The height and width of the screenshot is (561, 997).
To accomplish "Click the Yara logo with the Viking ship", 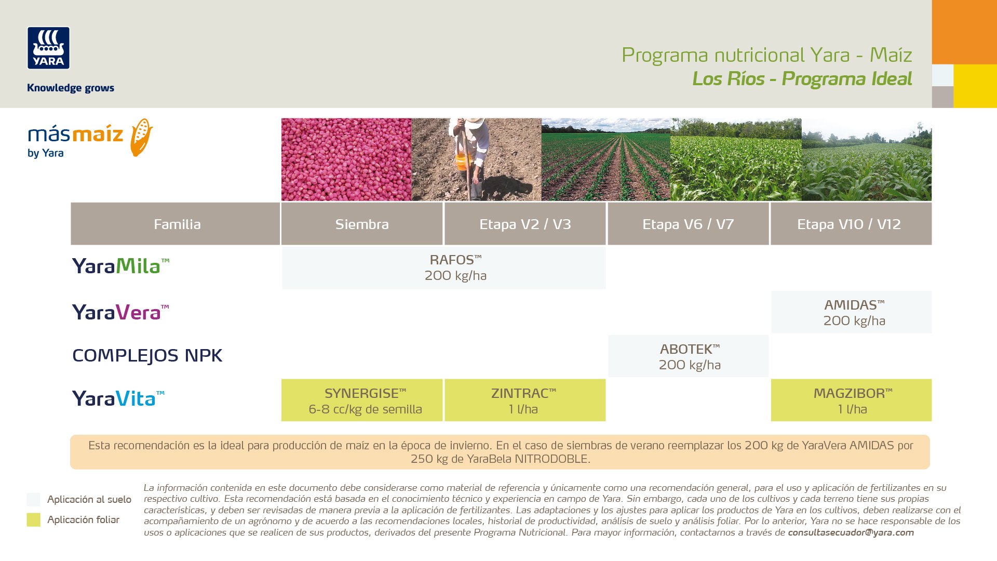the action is click(48, 48).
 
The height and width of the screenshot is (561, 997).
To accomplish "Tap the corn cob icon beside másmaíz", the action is click(141, 137).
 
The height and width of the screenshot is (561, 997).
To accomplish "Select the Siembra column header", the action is click(362, 224).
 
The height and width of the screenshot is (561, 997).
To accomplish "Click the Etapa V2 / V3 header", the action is click(525, 224).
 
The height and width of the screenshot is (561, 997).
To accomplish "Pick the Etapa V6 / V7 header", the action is click(688, 224).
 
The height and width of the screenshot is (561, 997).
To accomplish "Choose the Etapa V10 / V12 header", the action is click(851, 224).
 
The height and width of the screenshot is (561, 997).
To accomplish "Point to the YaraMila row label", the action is click(120, 266).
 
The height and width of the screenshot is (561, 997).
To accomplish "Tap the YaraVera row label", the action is click(120, 312).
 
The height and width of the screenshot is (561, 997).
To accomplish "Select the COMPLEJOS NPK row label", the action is click(147, 355).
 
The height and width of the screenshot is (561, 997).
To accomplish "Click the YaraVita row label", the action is click(118, 398).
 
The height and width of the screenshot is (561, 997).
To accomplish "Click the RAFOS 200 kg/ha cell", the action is click(444, 268).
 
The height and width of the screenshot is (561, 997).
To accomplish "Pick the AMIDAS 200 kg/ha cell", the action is click(852, 312).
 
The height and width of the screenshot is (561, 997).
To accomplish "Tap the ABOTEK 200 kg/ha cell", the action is click(689, 356).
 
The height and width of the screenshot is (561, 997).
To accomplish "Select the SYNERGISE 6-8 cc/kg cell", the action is click(362, 400).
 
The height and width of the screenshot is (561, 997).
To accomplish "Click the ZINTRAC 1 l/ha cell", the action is click(525, 400).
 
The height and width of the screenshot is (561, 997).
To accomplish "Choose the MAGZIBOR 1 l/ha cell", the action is click(852, 400).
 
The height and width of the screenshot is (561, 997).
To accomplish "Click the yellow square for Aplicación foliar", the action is click(33, 520).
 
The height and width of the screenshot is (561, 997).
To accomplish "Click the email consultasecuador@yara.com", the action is click(851, 532).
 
